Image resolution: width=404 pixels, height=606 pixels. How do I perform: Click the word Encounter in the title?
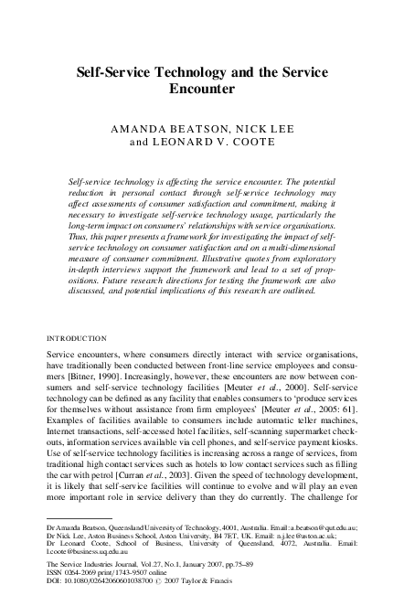coord(202,90)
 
